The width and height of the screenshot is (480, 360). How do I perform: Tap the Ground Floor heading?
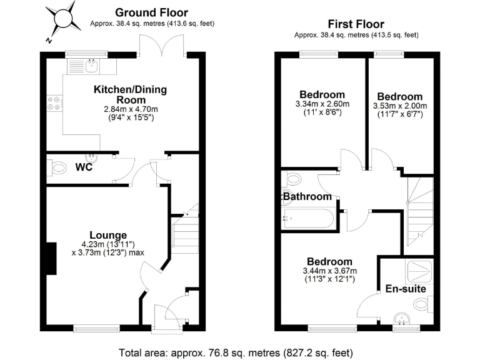[151, 12]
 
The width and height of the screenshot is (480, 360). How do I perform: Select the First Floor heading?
[356, 24]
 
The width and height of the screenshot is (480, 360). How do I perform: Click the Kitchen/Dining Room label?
[130, 94]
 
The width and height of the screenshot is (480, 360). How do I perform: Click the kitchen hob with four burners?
[53, 102]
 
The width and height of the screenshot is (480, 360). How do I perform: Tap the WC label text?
[85, 167]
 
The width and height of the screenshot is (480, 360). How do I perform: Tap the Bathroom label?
[307, 196]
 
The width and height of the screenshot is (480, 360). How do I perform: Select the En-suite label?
[405, 289]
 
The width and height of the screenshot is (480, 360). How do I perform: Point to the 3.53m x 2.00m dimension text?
[399, 106]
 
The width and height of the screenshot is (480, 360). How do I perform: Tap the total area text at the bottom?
[236, 351]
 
